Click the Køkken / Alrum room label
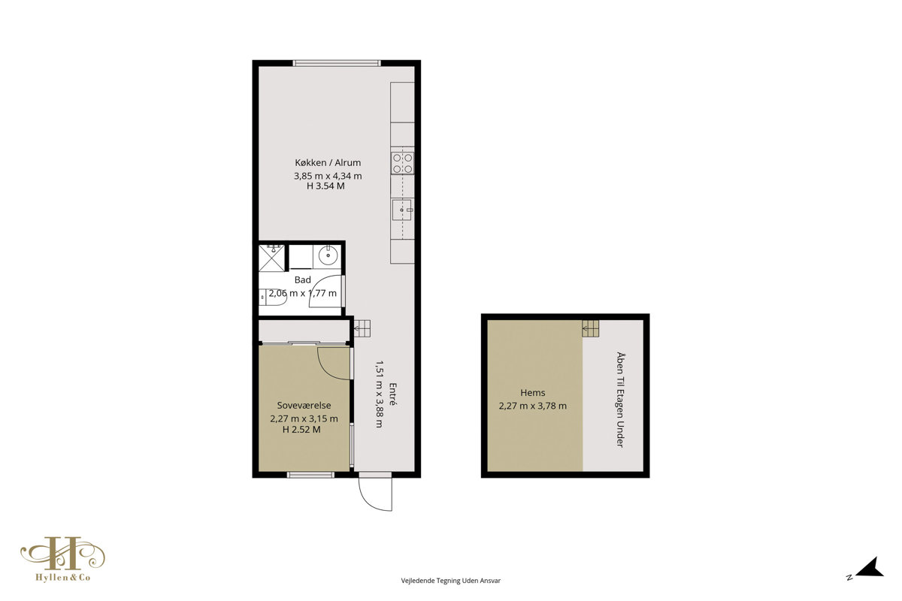point(328,162)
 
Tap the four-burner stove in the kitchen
point(403,163)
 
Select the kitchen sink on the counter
point(402,210)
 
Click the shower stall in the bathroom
point(271,258)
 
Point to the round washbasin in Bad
point(328,255)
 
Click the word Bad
point(303,279)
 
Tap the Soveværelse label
point(304,406)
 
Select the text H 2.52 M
point(301,430)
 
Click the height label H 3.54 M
point(325,186)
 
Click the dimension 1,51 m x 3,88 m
point(379,394)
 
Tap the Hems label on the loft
point(533,392)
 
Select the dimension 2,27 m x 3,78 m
point(533,406)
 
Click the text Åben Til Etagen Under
point(620,400)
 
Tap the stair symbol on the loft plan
point(590,328)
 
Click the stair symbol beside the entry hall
point(362,328)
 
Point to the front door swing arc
point(368,500)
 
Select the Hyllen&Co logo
point(63,559)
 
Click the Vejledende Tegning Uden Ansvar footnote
point(450,581)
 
